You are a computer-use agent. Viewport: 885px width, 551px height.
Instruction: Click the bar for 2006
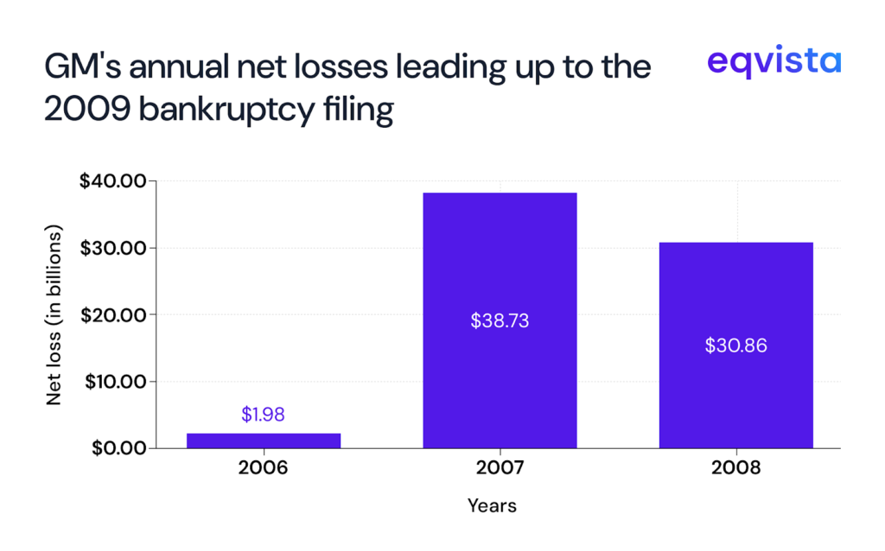click(264, 440)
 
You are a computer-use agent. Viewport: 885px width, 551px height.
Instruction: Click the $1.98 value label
click(264, 415)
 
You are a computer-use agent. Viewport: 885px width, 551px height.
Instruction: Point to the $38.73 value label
click(500, 320)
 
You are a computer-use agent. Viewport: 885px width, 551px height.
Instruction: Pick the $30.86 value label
click(735, 345)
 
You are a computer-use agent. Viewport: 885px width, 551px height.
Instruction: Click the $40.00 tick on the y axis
click(114, 181)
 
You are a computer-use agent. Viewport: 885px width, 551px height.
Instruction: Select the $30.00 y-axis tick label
click(114, 248)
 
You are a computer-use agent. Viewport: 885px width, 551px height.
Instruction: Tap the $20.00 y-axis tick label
click(114, 314)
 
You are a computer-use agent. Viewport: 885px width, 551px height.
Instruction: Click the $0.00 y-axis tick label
click(118, 447)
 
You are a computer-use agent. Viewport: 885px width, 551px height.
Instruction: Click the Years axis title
click(492, 505)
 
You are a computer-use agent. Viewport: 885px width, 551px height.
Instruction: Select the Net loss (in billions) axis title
click(54, 315)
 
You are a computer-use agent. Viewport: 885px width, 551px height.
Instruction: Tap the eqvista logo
click(773, 62)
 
